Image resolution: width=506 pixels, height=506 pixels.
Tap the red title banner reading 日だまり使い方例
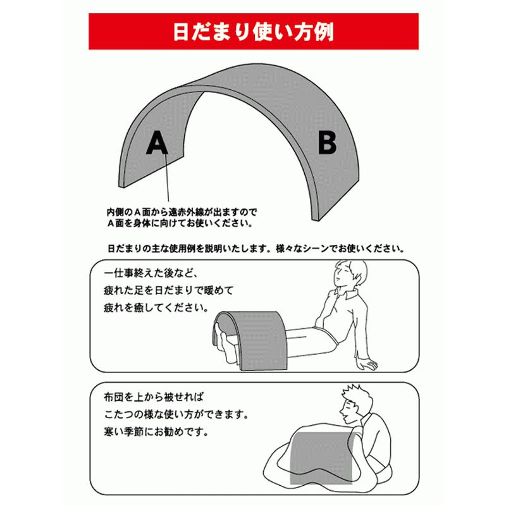[x=253, y=31]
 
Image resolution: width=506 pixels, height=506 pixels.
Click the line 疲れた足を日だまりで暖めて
[x=168, y=293]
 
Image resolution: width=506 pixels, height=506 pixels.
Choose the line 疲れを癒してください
[x=159, y=310]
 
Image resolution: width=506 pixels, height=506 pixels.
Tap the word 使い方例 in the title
[x=298, y=31]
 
